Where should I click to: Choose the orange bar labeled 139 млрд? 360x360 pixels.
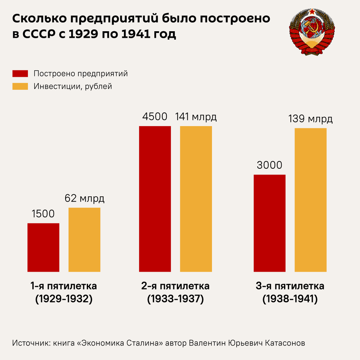[311, 200]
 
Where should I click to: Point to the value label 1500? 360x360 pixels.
[43, 214]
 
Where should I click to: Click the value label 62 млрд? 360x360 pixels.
[84, 198]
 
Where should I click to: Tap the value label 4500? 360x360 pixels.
[155, 117]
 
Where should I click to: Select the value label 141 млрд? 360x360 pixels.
[196, 117]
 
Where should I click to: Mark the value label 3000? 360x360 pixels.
[270, 165]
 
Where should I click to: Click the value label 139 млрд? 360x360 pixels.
[311, 119]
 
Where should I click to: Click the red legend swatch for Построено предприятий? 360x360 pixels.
[20, 74]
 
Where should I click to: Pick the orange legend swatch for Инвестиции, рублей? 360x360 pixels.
[20, 86]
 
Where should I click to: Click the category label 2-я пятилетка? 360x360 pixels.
[175, 286]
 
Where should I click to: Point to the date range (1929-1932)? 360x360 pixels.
[64, 299]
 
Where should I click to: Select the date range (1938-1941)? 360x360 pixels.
[290, 299]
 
